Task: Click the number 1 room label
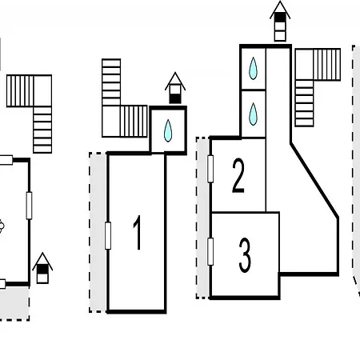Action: [138, 233]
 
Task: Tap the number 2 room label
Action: [238, 175]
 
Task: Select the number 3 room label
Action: [245, 255]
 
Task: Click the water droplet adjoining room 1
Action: [168, 130]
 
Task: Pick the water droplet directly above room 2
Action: [253, 114]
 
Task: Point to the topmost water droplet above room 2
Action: [253, 68]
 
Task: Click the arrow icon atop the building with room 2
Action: [280, 21]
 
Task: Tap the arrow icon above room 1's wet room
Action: [175, 88]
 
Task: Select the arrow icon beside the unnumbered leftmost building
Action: [42, 268]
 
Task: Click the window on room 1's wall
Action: [108, 236]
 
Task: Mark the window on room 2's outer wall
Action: [210, 169]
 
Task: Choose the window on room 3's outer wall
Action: [210, 252]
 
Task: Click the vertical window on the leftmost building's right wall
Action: [29, 206]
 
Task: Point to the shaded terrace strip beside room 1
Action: [98, 232]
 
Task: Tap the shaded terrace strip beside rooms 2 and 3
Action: [202, 218]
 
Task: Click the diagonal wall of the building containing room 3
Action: [314, 181]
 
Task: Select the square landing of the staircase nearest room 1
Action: [111, 122]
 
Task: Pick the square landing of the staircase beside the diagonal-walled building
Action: [304, 64]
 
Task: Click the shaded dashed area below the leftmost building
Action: [14, 303]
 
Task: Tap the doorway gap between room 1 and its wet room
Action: [158, 154]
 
